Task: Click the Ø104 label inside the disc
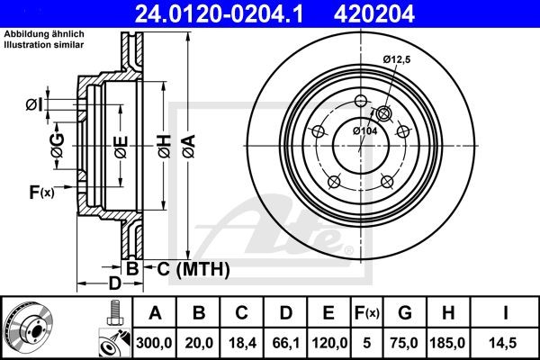[364, 131]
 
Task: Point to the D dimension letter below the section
[113, 284]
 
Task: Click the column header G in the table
[404, 313]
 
